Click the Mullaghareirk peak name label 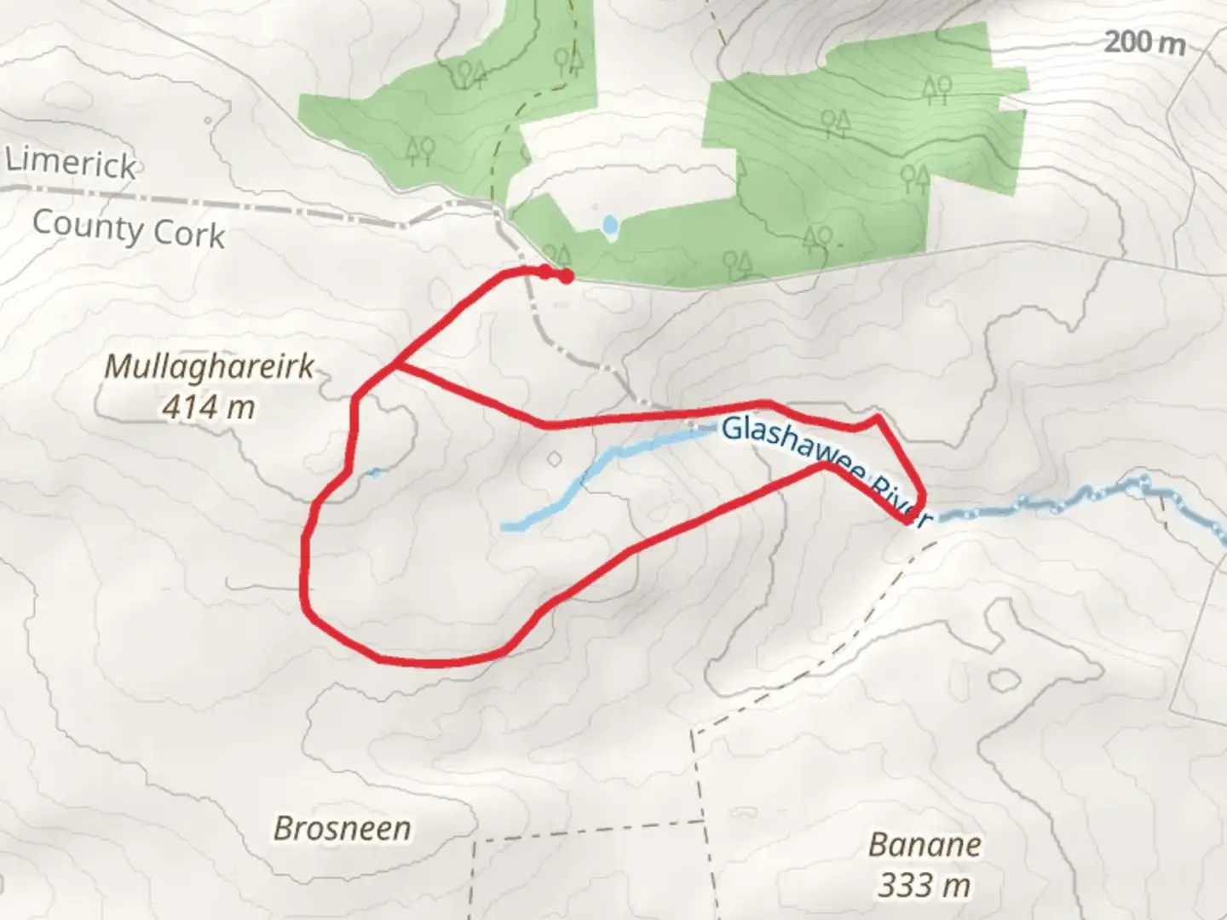tap(210, 367)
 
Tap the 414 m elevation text tap(209, 407)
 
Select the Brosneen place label tap(343, 828)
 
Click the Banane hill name tap(925, 845)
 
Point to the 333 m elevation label tap(925, 886)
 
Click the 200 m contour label tap(1143, 42)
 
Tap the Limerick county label tap(72, 163)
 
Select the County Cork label tap(129, 229)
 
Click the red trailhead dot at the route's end tap(566, 275)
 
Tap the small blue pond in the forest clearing tap(609, 226)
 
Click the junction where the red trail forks tap(395, 367)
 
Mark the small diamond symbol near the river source tap(555, 459)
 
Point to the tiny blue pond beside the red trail tap(372, 473)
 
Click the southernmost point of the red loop tap(426, 662)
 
